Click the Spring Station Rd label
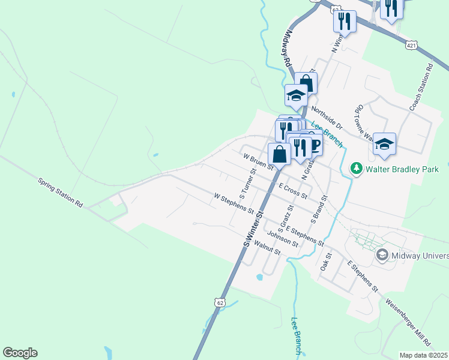60,192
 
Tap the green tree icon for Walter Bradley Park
357,169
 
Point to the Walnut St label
267,247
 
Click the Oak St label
326,260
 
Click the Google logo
20,353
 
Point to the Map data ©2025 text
424,355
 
